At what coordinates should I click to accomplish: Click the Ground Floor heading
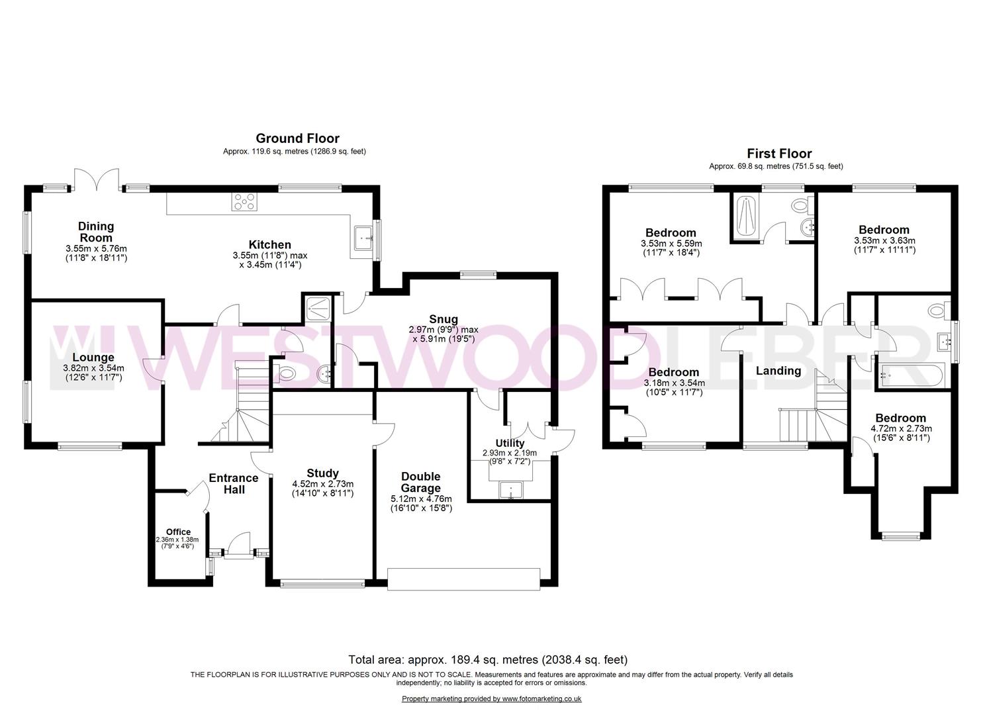[297, 138]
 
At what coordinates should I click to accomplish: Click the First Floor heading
[779, 154]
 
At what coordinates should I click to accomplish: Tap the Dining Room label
[96, 232]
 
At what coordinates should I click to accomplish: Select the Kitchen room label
[270, 245]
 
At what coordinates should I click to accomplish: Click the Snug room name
[443, 320]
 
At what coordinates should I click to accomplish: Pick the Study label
[323, 473]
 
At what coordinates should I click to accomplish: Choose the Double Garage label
[421, 483]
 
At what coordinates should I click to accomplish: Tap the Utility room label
[510, 443]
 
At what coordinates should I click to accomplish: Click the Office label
[178, 532]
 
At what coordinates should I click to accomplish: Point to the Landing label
[778, 371]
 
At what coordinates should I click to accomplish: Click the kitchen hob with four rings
[244, 201]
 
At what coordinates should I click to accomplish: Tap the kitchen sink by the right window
[363, 237]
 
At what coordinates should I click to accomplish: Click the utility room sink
[511, 491]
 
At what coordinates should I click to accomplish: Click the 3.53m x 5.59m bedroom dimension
[671, 244]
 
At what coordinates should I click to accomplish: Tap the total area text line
[488, 659]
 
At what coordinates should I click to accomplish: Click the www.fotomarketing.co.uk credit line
[491, 699]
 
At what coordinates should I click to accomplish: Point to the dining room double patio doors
[97, 179]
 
